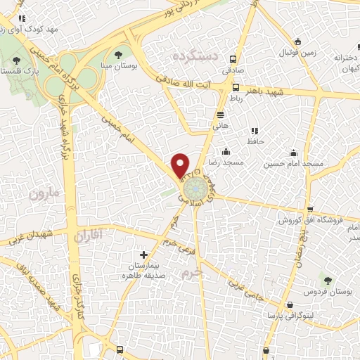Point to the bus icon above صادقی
[234, 60]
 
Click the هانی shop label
[220, 125]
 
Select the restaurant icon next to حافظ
[254, 130]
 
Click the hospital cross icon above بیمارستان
[144, 255]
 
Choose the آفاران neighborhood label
[92, 236]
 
